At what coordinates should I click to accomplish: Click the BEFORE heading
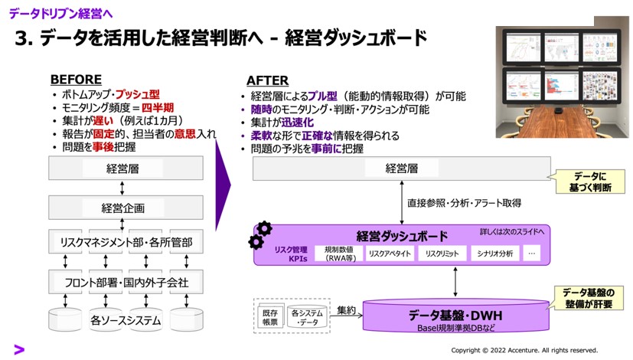(76, 79)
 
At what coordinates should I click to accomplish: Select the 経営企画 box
(122, 207)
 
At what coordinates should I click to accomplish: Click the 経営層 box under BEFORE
(122, 169)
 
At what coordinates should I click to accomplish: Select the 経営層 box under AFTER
(401, 169)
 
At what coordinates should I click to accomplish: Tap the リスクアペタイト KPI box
(390, 254)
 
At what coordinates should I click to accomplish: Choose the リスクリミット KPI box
(442, 254)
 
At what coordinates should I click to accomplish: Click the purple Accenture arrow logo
(19, 349)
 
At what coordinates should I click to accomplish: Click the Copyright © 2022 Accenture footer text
(524, 350)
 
